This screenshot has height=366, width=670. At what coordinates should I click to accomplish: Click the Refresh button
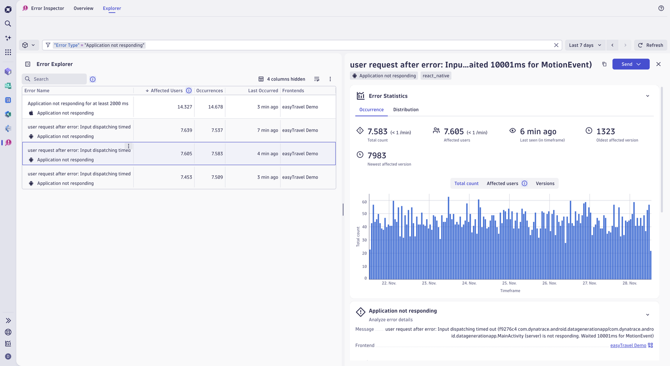pyautogui.click(x=651, y=45)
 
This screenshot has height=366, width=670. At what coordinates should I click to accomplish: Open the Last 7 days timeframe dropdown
pyautogui.click(x=585, y=45)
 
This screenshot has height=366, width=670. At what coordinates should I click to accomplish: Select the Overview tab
pyautogui.click(x=83, y=8)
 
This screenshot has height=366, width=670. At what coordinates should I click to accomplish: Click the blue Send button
pyautogui.click(x=631, y=64)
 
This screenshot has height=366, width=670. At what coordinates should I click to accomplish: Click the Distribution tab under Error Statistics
pyautogui.click(x=406, y=109)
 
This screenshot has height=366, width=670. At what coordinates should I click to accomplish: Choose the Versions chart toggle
pyautogui.click(x=545, y=184)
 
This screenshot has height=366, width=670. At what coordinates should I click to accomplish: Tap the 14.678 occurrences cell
pyautogui.click(x=216, y=107)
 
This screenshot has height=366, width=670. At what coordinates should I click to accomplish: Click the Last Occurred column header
pyautogui.click(x=263, y=91)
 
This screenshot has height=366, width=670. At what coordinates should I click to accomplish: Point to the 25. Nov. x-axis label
pyautogui.click(x=509, y=283)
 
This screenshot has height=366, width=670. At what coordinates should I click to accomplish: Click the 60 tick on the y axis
pyautogui.click(x=364, y=202)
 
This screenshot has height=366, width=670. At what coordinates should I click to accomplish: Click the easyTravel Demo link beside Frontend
pyautogui.click(x=628, y=345)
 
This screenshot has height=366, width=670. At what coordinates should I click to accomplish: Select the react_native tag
pyautogui.click(x=436, y=76)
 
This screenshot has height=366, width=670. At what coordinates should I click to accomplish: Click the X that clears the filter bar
pyautogui.click(x=556, y=45)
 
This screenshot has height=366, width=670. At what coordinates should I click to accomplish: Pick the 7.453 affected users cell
pyautogui.click(x=186, y=177)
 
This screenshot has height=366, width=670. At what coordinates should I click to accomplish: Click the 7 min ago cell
pyautogui.click(x=268, y=130)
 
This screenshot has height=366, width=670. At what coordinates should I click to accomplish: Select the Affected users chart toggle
pyautogui.click(x=502, y=184)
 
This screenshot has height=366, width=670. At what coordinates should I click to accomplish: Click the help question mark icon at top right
pyautogui.click(x=661, y=8)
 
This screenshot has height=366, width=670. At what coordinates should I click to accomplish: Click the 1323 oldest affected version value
pyautogui.click(x=606, y=132)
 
